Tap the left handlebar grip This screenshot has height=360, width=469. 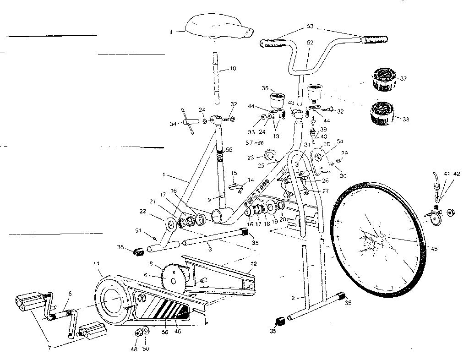coord(274,43)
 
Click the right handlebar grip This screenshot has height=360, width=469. coord(375,40)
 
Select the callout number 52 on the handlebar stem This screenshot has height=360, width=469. coord(310,43)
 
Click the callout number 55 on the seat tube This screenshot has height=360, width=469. coord(229,150)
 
